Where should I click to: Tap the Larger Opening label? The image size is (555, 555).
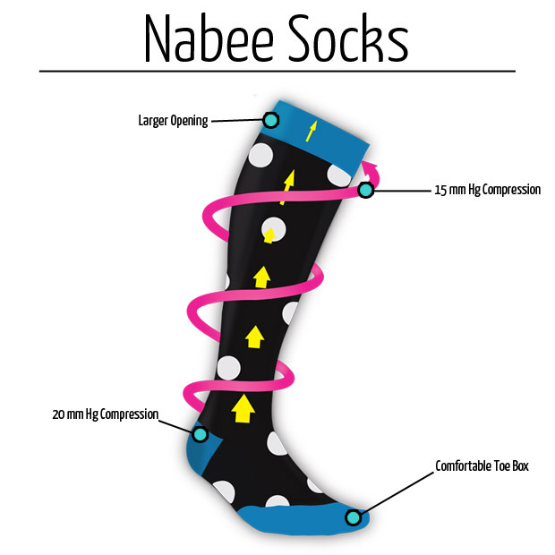pyautogui.click(x=173, y=120)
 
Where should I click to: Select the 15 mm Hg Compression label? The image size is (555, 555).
pyautogui.click(x=487, y=190)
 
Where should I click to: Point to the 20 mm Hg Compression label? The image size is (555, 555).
pyautogui.click(x=106, y=414)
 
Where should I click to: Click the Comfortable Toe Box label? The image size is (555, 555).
pyautogui.click(x=482, y=466)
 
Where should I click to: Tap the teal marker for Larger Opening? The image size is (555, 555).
pyautogui.click(x=270, y=120)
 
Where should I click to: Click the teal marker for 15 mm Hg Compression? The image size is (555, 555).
pyautogui.click(x=365, y=190)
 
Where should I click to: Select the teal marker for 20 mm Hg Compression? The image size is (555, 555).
pyautogui.click(x=201, y=434)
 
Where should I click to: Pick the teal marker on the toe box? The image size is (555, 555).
pyautogui.click(x=354, y=517)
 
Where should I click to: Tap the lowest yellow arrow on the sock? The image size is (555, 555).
pyautogui.click(x=241, y=409)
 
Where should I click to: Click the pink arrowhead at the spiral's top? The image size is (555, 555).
pyautogui.click(x=371, y=169)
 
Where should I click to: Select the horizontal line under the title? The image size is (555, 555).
pyautogui.click(x=277, y=71)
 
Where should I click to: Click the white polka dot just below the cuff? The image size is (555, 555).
pyautogui.click(x=260, y=156)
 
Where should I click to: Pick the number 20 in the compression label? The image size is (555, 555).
pyautogui.click(x=60, y=414)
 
